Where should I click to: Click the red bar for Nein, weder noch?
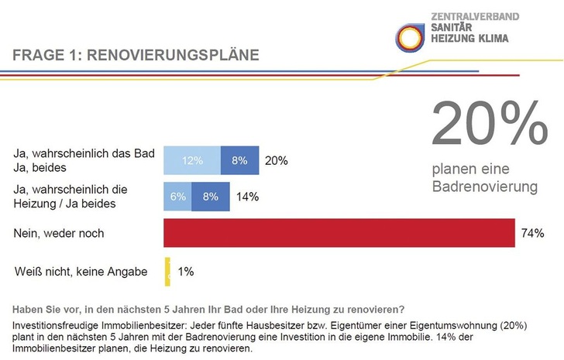339,233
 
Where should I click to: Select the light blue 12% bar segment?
192,160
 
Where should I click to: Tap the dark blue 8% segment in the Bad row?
239,160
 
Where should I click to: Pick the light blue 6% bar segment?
177,197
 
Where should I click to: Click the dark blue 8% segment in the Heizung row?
210,197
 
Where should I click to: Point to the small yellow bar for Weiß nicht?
167,271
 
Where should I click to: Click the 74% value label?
532,233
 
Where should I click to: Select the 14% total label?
248,197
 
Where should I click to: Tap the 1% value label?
186,272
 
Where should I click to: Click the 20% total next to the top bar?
276,160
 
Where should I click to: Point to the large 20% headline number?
488,124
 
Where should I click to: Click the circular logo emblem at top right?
410,35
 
